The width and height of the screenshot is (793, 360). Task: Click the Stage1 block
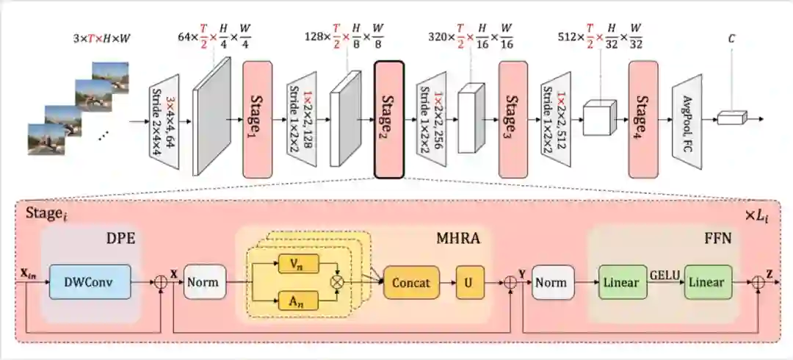pos(257,118)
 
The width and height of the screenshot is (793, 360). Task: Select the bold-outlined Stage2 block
pos(389,118)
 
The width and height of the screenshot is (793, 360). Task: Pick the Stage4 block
pos(643,118)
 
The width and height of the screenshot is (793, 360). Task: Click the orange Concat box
pos(410,283)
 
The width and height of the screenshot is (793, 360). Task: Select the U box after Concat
pos(470,283)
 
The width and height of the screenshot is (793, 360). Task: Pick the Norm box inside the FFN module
pos(550,283)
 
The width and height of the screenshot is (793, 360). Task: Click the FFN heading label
pos(720,239)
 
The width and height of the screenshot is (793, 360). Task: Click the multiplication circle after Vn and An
pos(338,281)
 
